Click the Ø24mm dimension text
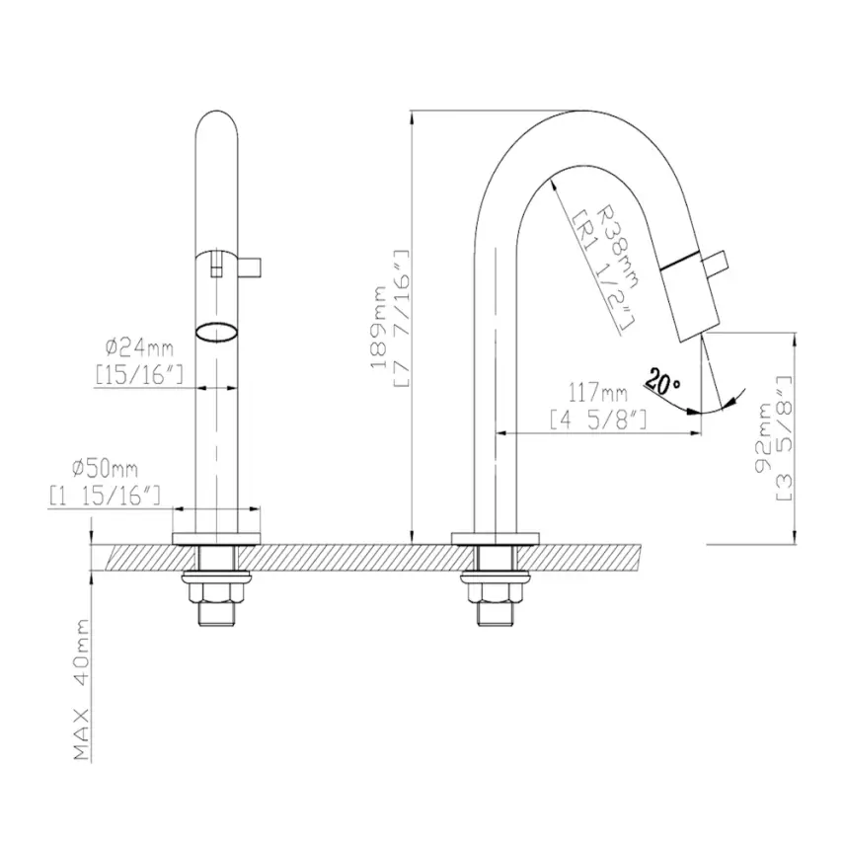pos(138,347)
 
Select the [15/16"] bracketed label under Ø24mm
pos(139,374)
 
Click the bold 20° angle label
pos(662,379)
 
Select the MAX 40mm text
pos(83,690)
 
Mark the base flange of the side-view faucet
pos(496,538)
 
